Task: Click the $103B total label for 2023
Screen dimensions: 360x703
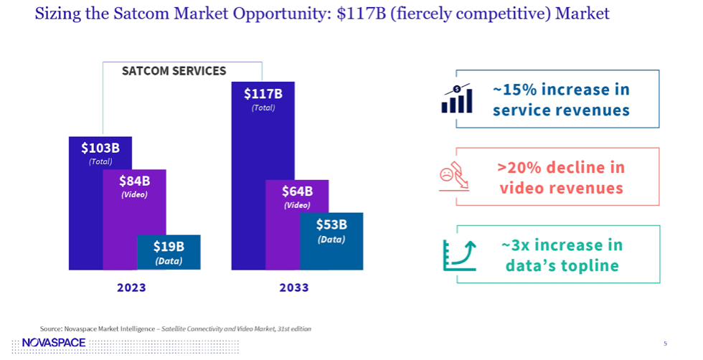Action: [100, 148]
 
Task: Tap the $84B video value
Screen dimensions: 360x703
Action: [134, 181]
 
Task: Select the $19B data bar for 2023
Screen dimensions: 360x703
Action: [169, 252]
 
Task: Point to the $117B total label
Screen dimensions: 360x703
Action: [263, 94]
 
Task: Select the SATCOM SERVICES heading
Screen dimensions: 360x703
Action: [174, 71]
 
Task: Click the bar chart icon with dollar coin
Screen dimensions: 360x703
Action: [457, 99]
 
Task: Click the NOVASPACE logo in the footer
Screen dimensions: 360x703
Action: [55, 343]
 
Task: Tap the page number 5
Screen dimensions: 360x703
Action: [665, 344]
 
